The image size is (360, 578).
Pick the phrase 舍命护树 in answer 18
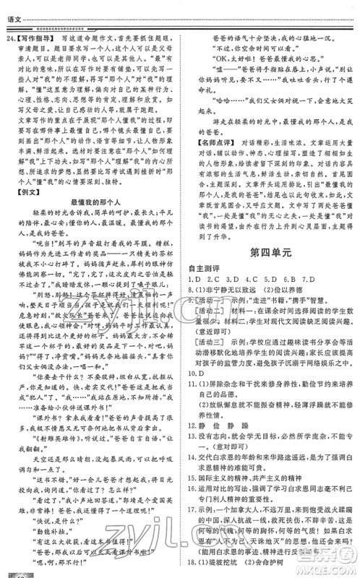coord(275,569)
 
